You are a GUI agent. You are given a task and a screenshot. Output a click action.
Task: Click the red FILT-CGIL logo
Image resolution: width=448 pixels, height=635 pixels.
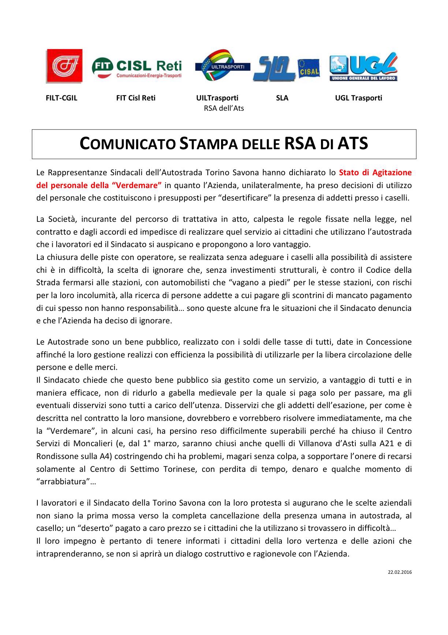click(x=64, y=66)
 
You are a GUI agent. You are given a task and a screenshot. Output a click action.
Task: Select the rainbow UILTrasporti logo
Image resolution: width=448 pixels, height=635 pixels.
click(x=222, y=66)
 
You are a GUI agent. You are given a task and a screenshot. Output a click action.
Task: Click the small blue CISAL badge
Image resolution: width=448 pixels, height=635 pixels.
click(x=308, y=68)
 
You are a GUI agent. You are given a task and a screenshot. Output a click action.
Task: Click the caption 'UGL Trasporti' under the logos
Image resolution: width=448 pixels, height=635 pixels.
click(x=358, y=98)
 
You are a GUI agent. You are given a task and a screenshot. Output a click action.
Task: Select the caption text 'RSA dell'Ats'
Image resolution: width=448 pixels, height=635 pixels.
click(x=224, y=108)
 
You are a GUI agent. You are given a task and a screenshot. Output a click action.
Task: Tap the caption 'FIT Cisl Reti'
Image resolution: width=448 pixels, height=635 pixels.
click(x=135, y=98)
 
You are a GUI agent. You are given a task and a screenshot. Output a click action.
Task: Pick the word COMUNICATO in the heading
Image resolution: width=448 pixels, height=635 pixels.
click(x=127, y=144)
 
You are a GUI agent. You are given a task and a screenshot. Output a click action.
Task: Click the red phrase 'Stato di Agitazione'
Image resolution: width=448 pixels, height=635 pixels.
click(x=375, y=172)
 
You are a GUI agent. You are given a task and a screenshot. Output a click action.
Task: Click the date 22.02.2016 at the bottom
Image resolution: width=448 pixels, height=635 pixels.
click(x=400, y=572)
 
